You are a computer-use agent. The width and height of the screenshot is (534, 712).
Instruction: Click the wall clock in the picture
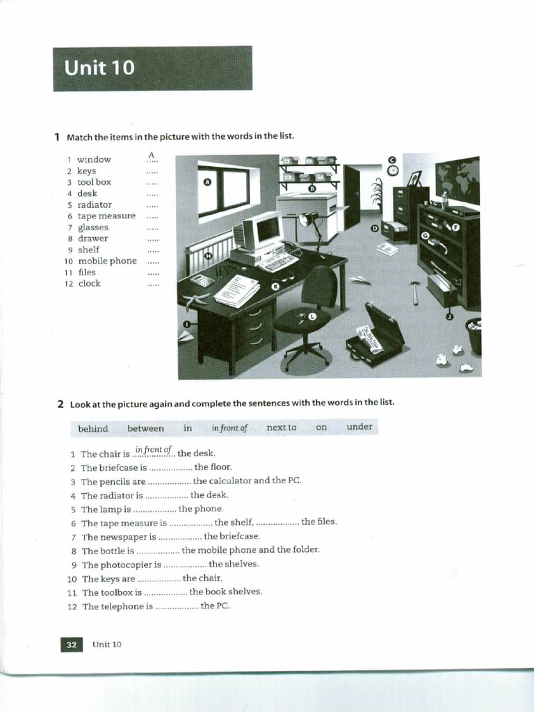click(393, 170)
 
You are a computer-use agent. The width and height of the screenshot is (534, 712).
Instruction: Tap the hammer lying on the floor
click(414, 291)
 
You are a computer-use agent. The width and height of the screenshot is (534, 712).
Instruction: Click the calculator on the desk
click(202, 281)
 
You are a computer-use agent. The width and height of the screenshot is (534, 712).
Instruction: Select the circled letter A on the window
click(207, 182)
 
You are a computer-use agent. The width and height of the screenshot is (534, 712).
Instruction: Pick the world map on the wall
click(458, 180)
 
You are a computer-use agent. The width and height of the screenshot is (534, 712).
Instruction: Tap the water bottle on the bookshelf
click(444, 200)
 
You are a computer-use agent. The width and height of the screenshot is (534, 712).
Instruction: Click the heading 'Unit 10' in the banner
click(99, 68)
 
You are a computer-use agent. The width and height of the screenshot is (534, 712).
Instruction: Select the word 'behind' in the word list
click(93, 428)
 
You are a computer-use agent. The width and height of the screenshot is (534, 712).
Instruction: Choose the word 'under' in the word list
click(359, 427)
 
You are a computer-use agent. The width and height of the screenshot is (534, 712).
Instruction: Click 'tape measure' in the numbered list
click(106, 216)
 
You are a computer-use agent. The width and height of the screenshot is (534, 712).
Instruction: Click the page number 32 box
click(71, 645)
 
